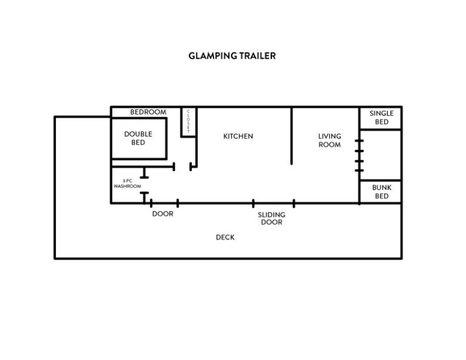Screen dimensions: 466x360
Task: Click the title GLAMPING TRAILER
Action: [x=232, y=56]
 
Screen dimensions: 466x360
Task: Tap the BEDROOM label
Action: [x=148, y=112]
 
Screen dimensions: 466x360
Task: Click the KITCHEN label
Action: [x=238, y=136]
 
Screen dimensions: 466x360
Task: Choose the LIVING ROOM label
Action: [x=329, y=140]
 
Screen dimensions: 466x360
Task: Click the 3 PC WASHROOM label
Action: [x=127, y=183]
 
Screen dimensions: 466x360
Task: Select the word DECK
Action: [x=225, y=237]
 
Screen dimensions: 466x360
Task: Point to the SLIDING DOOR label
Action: [x=271, y=219]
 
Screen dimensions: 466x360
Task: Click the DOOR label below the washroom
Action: [x=163, y=214]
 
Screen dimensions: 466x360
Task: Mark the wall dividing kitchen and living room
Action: [x=291, y=135]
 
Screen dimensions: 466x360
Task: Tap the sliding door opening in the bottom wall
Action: [x=274, y=203]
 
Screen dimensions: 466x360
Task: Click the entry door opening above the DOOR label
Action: [x=164, y=203]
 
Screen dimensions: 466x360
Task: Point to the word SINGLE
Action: [x=382, y=114]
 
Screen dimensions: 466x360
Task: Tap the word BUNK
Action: [x=382, y=188]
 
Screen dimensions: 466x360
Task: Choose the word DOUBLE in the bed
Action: [x=138, y=134]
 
